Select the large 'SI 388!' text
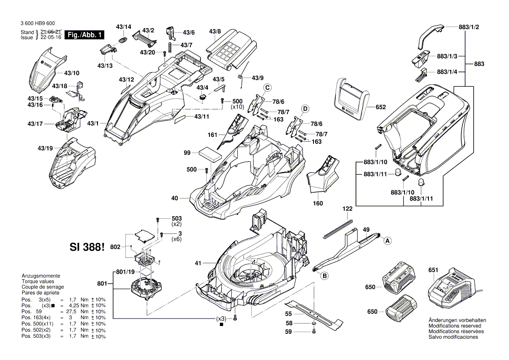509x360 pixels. pyautogui.click(x=87, y=247)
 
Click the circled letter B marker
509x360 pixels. pyautogui.click(x=324, y=275)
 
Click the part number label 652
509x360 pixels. pyautogui.click(x=381, y=107)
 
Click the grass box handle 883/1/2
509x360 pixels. pyautogui.click(x=430, y=37)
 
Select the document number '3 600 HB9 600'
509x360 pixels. pyautogui.click(x=37, y=24)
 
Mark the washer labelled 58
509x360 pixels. pyautogui.click(x=314, y=324)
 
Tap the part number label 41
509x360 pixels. pyautogui.click(x=198, y=263)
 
